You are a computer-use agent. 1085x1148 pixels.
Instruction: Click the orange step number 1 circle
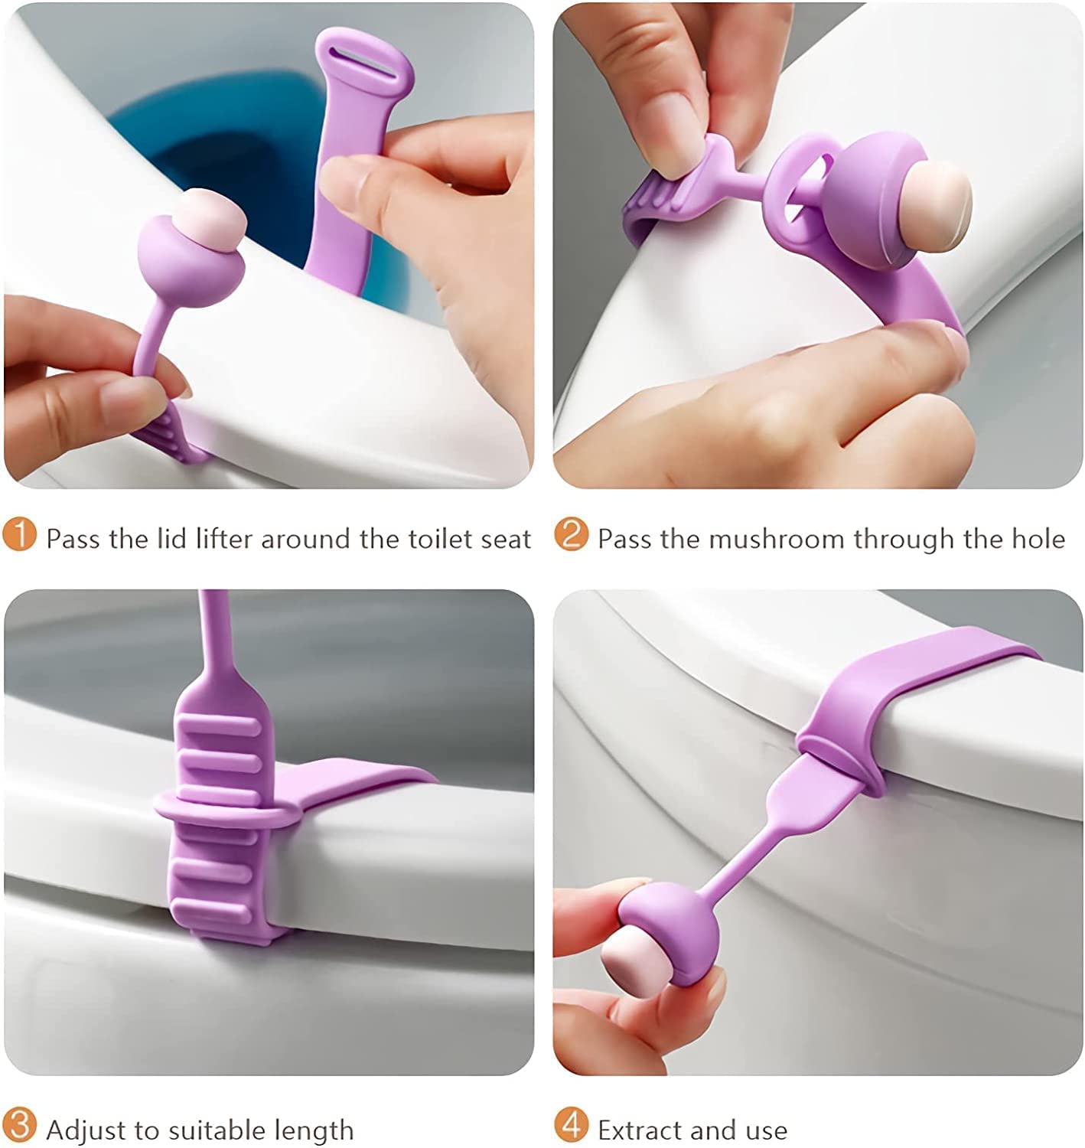coord(19,534)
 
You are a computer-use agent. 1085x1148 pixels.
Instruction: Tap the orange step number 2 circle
coord(571,534)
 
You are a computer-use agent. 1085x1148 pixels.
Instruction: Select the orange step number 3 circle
coord(19,1125)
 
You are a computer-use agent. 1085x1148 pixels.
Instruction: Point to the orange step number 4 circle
coord(571,1125)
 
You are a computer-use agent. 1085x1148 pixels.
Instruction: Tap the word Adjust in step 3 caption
coord(86,1130)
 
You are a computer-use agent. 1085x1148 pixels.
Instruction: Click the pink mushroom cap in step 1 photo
coord(209,218)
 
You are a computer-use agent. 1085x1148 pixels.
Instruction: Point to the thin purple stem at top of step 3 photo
coord(211,628)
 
